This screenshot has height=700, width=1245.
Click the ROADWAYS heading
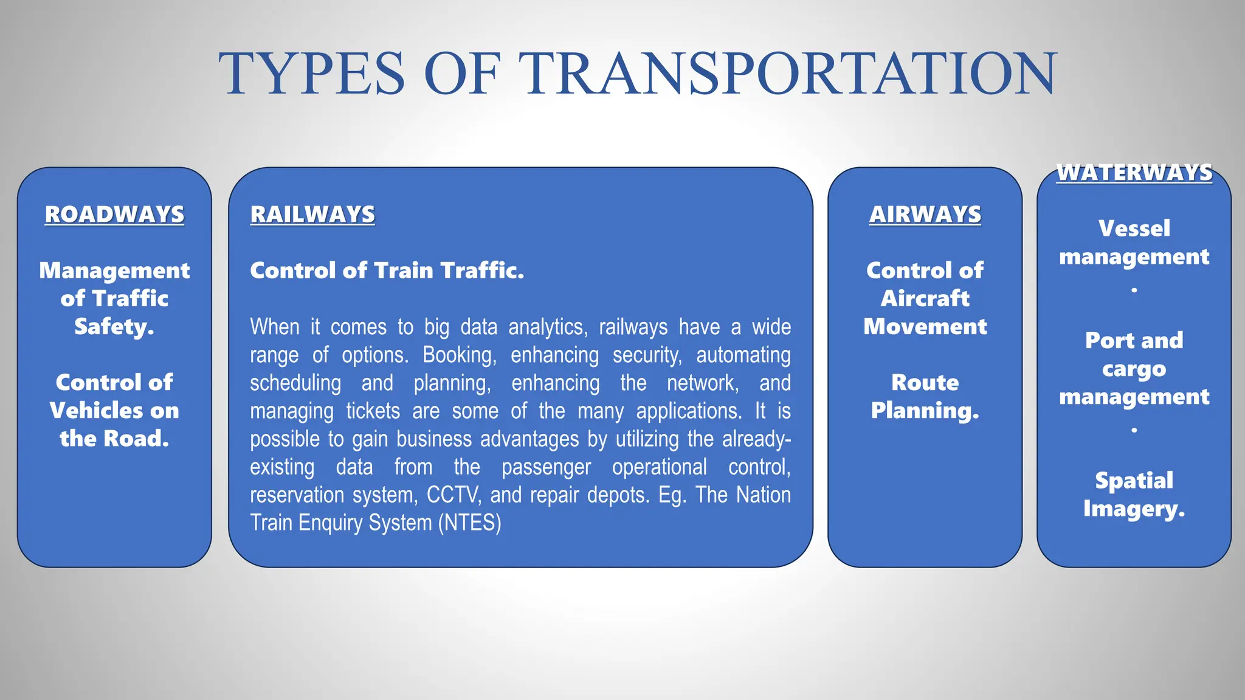(114, 214)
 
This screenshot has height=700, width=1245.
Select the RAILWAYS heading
(312, 214)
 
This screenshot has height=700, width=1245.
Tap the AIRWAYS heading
(925, 214)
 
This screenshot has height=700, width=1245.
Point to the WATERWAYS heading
(1134, 173)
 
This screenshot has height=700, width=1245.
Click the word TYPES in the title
(311, 74)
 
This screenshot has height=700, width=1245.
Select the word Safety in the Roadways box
(112, 327)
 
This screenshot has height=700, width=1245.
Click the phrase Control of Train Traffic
(387, 270)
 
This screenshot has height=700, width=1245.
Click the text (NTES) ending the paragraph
(469, 523)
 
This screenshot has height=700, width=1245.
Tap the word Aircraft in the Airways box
(925, 298)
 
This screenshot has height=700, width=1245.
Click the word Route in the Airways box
(925, 383)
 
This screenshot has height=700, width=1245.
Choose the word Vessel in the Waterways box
(1134, 228)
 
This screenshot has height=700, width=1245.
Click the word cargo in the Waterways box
(1134, 369)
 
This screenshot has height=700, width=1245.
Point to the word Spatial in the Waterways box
(1134, 481)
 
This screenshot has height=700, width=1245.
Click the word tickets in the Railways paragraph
(373, 411)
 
